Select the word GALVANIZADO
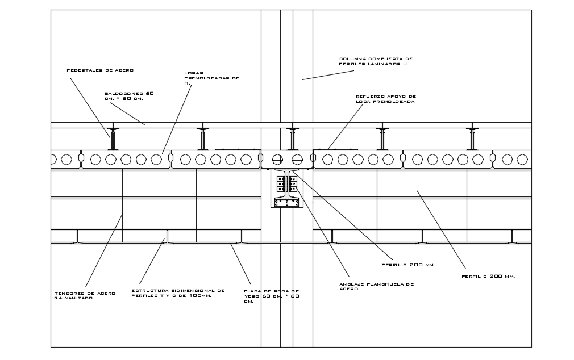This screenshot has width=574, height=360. click(x=73, y=298)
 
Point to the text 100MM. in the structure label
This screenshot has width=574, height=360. click(x=199, y=295)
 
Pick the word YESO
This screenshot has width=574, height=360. click(x=251, y=296)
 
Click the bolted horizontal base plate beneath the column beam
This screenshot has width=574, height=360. click(x=286, y=202)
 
